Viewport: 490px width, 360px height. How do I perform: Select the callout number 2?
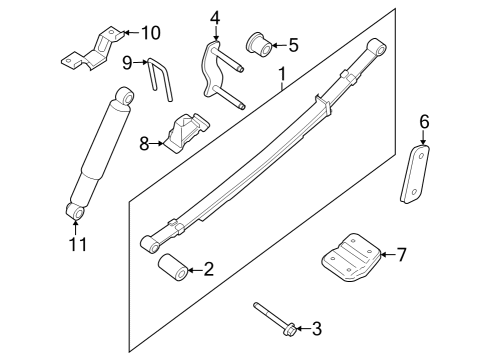(208, 267)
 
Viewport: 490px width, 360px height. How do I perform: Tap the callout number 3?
(318, 327)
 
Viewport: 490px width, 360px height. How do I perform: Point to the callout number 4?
(214, 17)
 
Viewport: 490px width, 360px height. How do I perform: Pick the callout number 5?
(292, 44)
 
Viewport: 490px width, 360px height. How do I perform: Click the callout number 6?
(423, 122)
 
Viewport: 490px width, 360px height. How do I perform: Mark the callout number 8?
(144, 143)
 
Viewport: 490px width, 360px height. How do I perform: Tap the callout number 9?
(128, 63)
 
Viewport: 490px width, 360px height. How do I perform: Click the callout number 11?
(77, 243)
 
